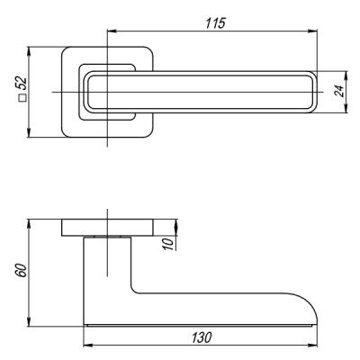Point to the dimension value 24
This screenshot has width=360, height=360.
pyautogui.click(x=339, y=92)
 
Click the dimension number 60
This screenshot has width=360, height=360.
pyautogui.click(x=20, y=272)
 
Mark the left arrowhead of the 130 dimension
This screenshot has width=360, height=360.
pyautogui.click(x=86, y=346)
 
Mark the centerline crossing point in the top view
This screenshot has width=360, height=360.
pyautogui.click(x=107, y=93)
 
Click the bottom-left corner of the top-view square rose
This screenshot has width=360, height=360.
pyautogui.click(x=63, y=136)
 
